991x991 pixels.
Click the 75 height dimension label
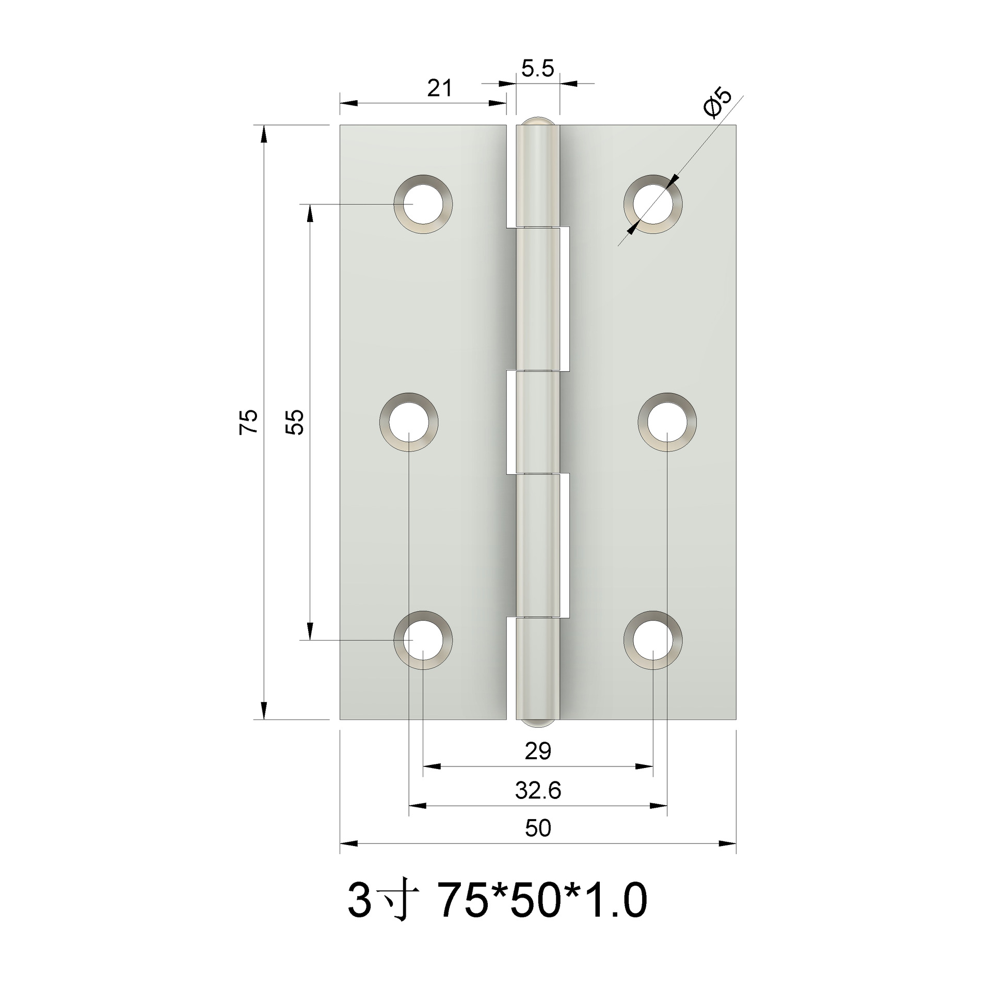point(248,422)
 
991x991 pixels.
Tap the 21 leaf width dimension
point(439,88)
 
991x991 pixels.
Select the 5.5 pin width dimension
point(537,68)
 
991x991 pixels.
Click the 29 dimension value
point(538,752)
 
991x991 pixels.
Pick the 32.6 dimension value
point(538,790)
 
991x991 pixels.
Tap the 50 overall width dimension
point(538,829)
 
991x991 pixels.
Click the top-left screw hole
point(423,204)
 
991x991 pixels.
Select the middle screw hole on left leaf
point(409,422)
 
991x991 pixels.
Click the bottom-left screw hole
point(423,640)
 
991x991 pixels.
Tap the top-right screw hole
point(653,204)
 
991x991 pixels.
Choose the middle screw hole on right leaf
point(667,422)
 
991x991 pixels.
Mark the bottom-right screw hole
point(653,640)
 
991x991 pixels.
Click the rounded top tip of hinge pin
point(538,121)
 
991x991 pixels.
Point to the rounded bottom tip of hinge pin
point(538,723)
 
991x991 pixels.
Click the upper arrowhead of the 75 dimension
point(264,135)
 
